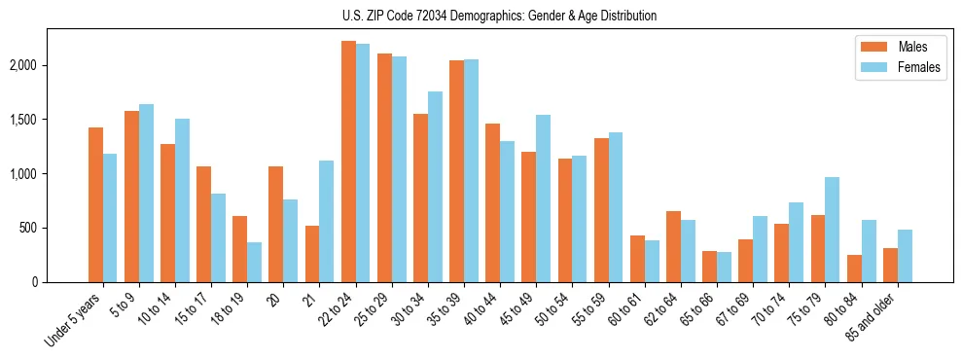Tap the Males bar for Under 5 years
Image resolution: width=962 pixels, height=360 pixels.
pyautogui.click(x=95, y=204)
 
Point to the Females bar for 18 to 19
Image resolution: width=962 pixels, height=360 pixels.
pyautogui.click(x=254, y=262)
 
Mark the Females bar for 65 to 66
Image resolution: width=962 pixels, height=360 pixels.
pyautogui.click(x=725, y=267)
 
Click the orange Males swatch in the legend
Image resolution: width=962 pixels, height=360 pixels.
pyautogui.click(x=873, y=48)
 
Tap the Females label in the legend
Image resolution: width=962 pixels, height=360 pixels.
pyautogui.click(x=919, y=68)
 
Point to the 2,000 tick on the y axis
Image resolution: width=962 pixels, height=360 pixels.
pyautogui.click(x=52, y=65)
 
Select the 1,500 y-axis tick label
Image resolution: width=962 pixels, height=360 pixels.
pyautogui.click(x=52, y=120)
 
